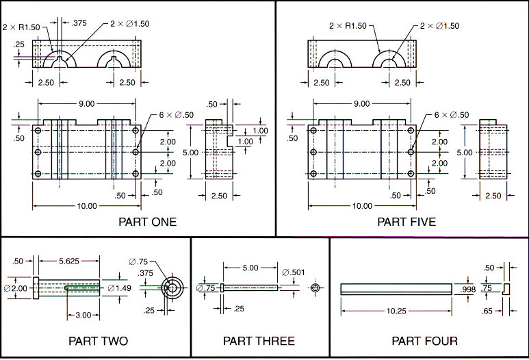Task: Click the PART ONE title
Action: [147, 222]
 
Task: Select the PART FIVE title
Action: [407, 222]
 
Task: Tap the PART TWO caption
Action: [98, 341]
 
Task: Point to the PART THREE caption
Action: [259, 341]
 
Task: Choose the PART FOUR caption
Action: [424, 341]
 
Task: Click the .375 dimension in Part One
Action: [79, 23]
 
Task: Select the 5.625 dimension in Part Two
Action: [67, 261]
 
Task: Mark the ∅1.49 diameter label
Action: [120, 288]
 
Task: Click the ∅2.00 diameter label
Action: [16, 288]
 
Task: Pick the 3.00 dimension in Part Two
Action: [82, 314]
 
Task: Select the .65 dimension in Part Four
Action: [488, 311]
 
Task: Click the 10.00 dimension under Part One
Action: [87, 206]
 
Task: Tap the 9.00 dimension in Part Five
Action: [361, 104]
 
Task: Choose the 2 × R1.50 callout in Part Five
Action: [348, 25]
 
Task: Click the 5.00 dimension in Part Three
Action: [250, 268]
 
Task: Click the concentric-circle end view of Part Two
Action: [171, 288]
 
